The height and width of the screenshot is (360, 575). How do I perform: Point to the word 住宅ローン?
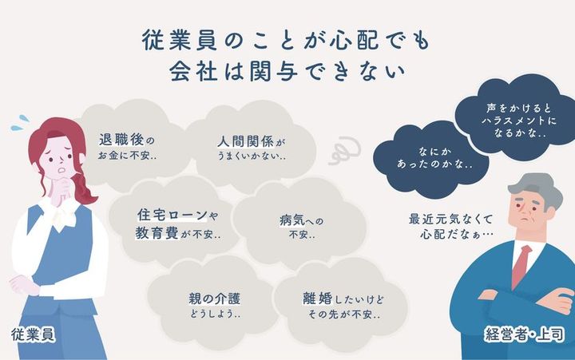coord(168,216)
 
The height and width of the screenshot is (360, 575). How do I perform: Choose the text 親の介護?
coord(215,298)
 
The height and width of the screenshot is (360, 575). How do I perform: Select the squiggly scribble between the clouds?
coord(346,152)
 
